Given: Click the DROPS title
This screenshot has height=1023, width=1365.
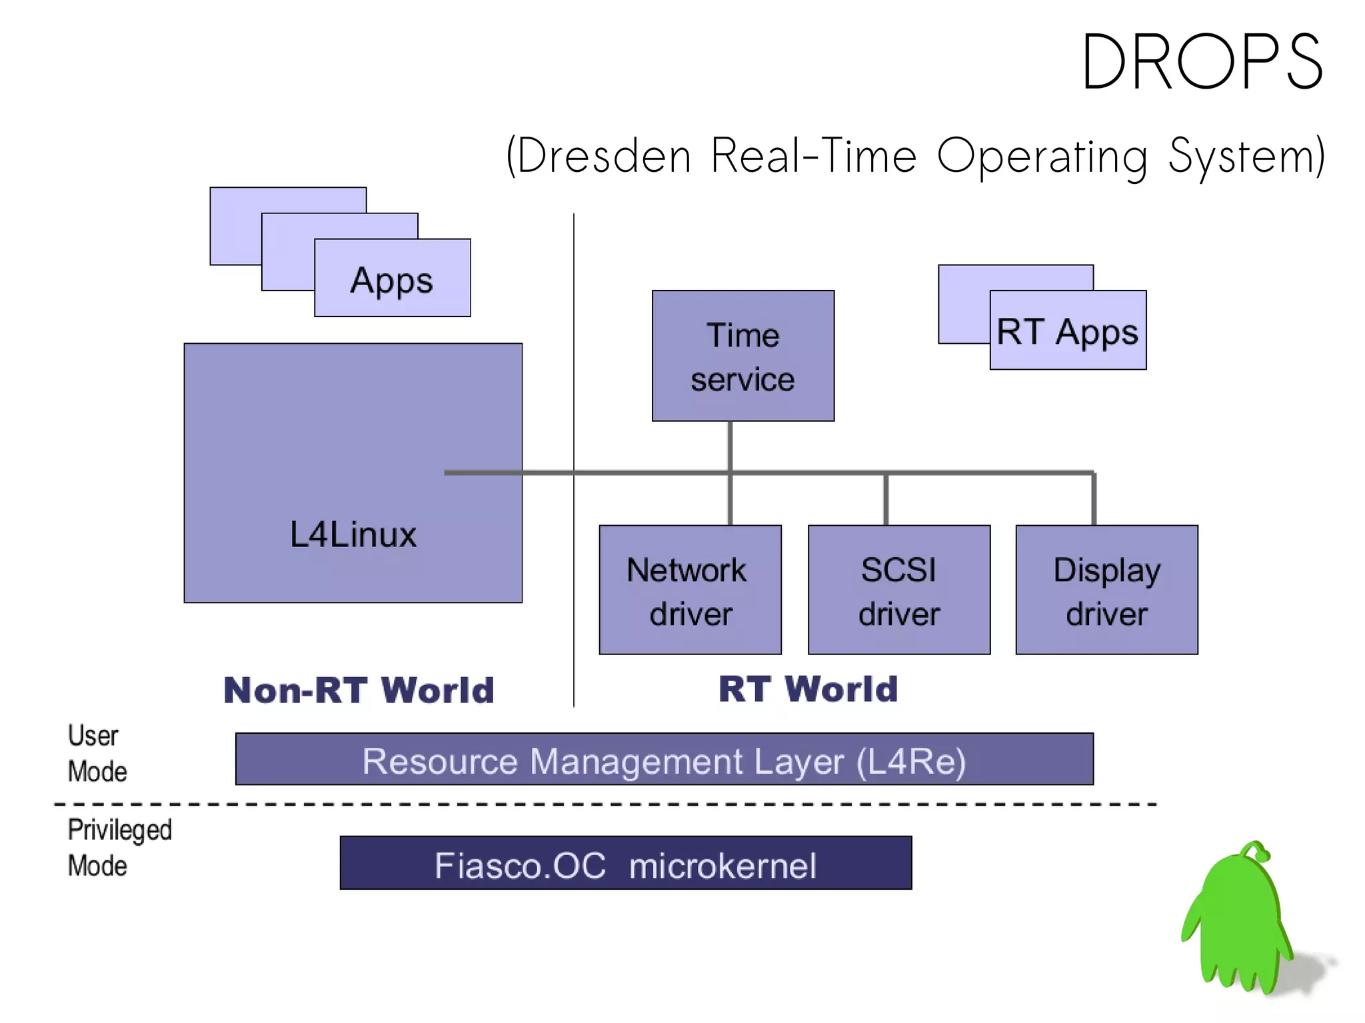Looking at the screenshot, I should coord(1202,62).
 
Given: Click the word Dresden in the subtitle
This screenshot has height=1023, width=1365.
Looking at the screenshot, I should coord(603,156).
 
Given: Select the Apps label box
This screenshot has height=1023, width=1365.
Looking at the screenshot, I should coord(392,279).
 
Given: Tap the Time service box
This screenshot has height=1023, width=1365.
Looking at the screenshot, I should coord(742,356).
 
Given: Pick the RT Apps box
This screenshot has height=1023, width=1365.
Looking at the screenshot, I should coord(1068,331).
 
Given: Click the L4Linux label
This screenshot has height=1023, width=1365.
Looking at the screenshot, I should coord(353,534).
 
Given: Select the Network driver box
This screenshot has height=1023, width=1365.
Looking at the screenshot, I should coord(690,590).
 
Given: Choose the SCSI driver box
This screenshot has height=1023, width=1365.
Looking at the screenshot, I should coord(898,590).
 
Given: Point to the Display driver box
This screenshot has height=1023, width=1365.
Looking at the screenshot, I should coord(1106,590).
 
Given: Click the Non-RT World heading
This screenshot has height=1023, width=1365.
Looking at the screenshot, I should coord(359,690).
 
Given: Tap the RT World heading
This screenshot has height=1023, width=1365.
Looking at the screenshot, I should coord(808,688).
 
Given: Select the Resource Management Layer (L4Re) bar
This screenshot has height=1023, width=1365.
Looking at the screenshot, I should coord(664,760).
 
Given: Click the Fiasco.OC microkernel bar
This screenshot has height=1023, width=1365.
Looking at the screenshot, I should coord(625,864).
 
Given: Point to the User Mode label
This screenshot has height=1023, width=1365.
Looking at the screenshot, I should coord(96,753).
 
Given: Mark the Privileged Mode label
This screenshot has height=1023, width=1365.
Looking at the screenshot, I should coord(119,847).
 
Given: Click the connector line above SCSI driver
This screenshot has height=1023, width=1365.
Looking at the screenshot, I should coord(886,499).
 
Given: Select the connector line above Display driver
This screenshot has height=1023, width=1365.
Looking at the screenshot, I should coord(1094,499).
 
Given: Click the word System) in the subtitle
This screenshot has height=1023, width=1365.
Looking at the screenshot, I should coord(1246,156).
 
